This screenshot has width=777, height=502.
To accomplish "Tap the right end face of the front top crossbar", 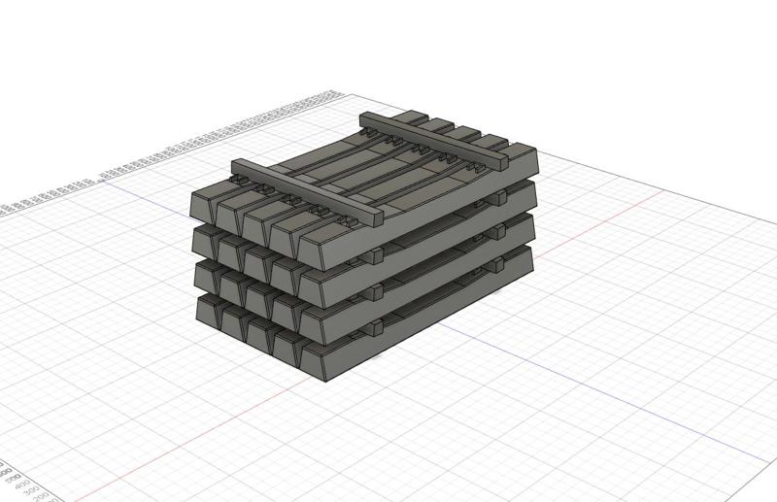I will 376,219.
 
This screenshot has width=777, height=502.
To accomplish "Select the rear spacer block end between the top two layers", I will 499,198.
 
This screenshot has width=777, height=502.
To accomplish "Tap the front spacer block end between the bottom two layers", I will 375,325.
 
